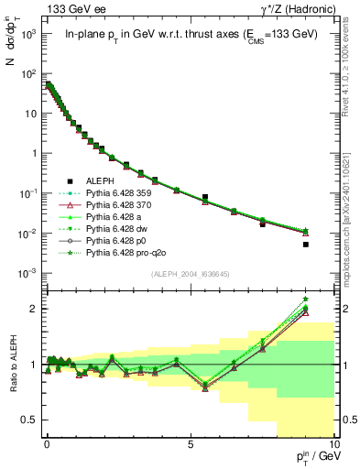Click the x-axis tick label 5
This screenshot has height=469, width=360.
(x=190, y=448)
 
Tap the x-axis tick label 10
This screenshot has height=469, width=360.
(x=333, y=448)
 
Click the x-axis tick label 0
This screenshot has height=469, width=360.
(x=47, y=448)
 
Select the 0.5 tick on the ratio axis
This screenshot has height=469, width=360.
(x=32, y=420)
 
